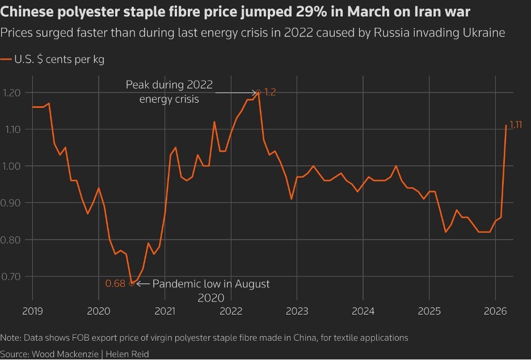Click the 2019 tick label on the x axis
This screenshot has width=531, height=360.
click(32, 311)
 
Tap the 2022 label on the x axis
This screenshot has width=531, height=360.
click(231, 311)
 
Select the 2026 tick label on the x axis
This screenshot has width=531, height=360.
click(495, 311)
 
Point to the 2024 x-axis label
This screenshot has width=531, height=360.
click(363, 311)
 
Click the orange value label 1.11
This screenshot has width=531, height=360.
click(515, 125)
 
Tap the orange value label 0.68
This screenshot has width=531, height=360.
click(115, 283)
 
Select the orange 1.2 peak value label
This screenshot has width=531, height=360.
click(269, 93)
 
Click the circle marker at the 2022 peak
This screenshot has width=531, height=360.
click(259, 92)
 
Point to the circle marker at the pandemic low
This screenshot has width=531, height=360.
click(132, 283)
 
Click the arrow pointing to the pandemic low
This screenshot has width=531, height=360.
click(142, 283)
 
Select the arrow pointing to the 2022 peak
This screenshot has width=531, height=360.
click(235, 92)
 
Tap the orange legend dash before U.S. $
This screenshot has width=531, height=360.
click(6, 59)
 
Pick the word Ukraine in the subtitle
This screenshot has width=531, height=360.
click(484, 32)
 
